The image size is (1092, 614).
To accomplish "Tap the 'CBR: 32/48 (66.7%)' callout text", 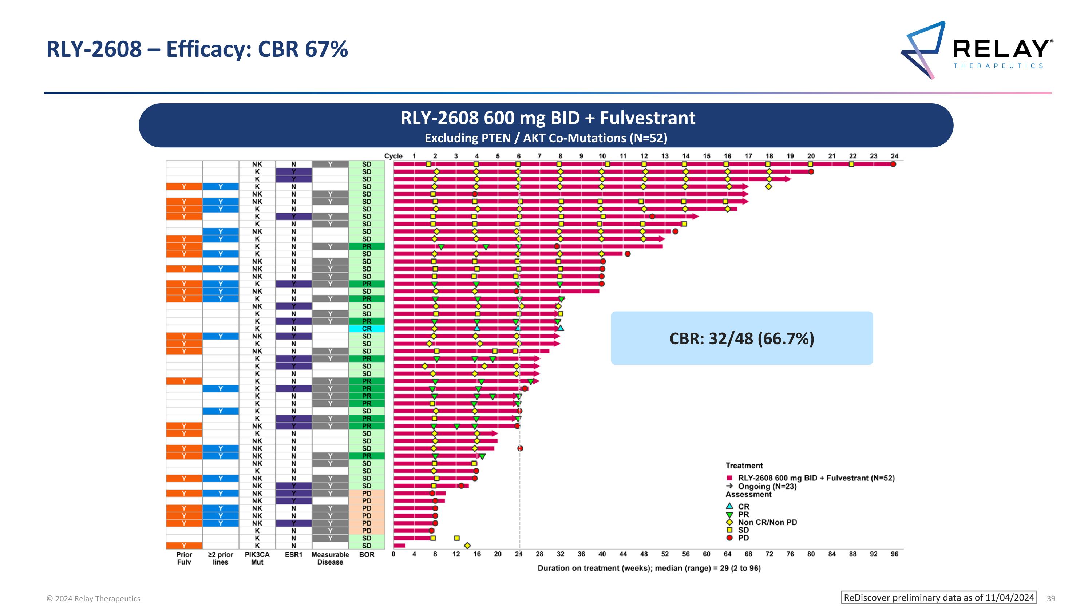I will point(741,338).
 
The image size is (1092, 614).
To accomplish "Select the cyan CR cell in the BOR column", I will point(367,329).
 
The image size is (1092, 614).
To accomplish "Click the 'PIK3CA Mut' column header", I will point(257,558).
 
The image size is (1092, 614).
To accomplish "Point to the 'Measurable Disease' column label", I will point(330,558).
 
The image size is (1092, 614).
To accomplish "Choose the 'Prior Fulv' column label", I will point(184,558).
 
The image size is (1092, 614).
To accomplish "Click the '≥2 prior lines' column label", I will point(221,558).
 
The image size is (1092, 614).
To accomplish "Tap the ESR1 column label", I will point(293,555).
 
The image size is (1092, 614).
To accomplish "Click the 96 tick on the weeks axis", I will point(894,554).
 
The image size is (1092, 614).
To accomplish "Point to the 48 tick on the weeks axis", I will point(644,554).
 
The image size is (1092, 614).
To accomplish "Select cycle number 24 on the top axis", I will point(894,156).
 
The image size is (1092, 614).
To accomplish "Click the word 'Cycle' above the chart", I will point(393,156).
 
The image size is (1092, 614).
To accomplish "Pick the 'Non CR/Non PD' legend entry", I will point(767,522).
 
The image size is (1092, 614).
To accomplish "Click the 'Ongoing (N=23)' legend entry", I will point(767,487).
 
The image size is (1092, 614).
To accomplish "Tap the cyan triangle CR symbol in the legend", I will point(729,506).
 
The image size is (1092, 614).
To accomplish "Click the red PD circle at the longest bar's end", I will point(893,164).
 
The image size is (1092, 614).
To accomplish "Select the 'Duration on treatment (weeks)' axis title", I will point(649,568).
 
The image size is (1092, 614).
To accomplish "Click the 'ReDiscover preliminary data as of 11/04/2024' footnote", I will point(938,598).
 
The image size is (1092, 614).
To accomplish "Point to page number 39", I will point(1051,598).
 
